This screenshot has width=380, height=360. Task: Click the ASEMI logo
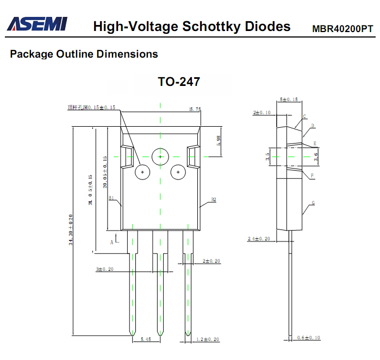(37, 24)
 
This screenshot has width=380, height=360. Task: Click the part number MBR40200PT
(342, 29)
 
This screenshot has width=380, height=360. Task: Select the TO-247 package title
(179, 82)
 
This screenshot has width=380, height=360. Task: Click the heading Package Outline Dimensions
(84, 54)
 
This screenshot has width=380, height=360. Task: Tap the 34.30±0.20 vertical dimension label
(71, 230)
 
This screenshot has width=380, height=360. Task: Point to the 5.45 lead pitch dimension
(146, 339)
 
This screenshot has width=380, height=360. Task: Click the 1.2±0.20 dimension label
(208, 339)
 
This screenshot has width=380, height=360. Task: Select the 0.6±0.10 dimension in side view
(309, 338)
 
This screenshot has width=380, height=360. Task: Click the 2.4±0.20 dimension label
(259, 239)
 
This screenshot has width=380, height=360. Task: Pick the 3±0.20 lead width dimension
(104, 269)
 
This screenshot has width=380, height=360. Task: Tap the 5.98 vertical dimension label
(219, 140)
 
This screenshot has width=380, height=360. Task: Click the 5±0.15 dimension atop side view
(288, 100)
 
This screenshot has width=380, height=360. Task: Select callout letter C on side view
(304, 116)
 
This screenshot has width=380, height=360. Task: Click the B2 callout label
(214, 200)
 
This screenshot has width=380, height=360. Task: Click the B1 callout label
(111, 198)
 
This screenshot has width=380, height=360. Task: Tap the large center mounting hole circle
(160, 157)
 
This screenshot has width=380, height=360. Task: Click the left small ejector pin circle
(142, 172)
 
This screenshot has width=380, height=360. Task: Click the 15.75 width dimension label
(195, 109)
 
